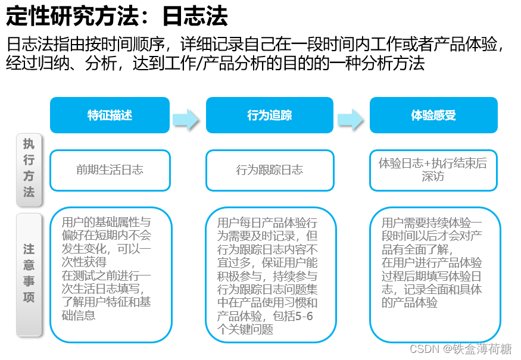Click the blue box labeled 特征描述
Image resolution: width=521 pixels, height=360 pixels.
pos(110,115)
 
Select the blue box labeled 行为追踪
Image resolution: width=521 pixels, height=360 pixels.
pos(270,115)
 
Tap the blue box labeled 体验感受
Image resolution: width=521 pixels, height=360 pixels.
pos(433,115)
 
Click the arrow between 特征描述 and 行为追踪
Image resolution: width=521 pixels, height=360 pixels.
pos(188,118)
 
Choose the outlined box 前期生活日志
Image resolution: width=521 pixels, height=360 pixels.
pos(110,170)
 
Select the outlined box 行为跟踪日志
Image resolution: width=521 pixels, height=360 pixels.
pos(270,170)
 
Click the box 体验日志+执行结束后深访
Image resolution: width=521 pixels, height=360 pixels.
pos(433,170)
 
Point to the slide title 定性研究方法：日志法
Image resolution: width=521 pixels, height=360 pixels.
pos(117,17)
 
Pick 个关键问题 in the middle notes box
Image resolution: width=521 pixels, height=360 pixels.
pos(246,329)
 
